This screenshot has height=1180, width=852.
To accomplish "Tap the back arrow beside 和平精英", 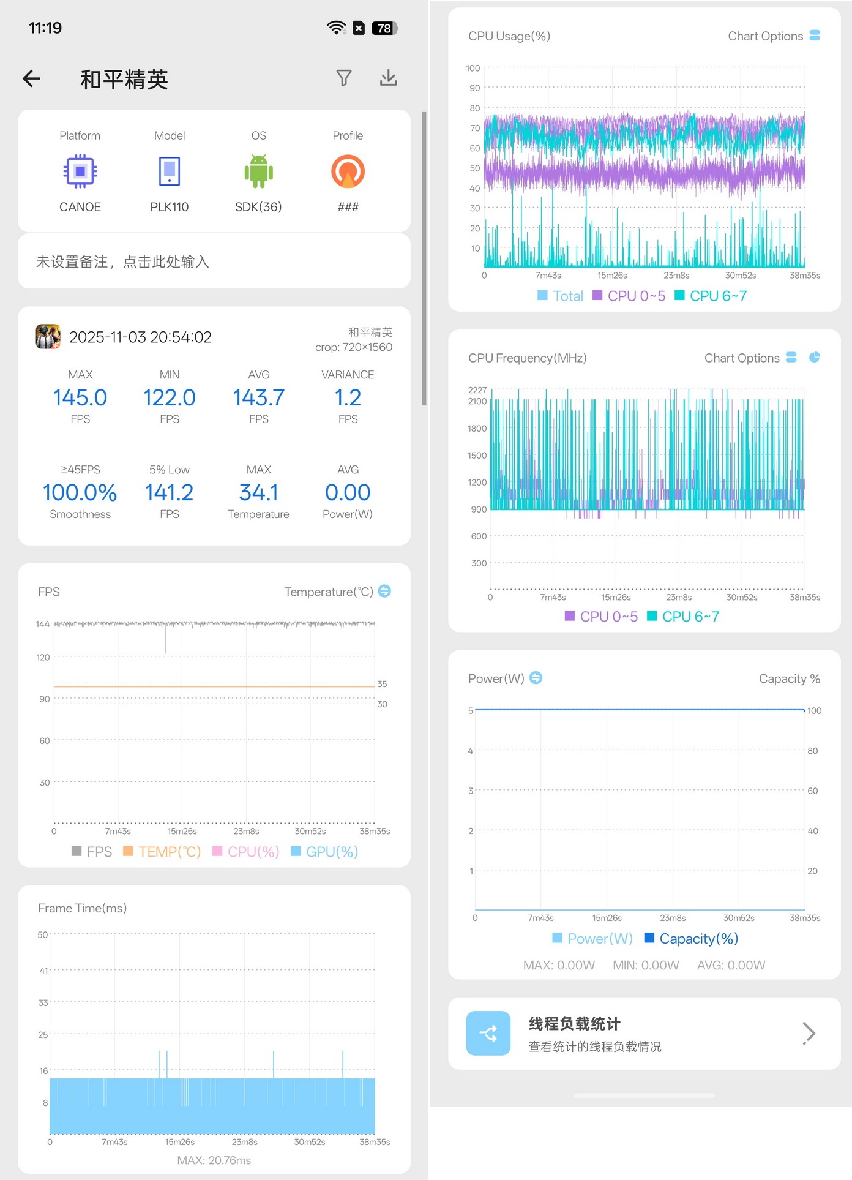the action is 31,78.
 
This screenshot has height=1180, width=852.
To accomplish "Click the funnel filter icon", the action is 344,78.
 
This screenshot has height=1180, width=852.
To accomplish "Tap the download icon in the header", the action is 389,78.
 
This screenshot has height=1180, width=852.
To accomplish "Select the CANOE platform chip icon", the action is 80,171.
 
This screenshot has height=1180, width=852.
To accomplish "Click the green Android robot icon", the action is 259,171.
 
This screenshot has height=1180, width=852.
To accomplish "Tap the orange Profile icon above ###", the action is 348,171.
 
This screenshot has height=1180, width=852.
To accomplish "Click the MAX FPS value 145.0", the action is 80,397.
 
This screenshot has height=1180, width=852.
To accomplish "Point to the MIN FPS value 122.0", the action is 170,397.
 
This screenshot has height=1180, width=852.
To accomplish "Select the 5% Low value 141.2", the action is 170,492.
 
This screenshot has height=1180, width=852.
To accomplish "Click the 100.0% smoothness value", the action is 80,492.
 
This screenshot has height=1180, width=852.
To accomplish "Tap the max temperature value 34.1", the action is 259,492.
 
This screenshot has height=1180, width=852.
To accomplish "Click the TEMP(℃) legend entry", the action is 162,852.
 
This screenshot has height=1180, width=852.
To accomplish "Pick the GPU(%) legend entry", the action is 324,852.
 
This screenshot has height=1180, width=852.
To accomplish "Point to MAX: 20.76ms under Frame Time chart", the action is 214,1160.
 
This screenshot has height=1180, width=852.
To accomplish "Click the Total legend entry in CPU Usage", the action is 560,296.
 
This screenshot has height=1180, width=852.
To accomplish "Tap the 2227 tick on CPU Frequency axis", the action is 477,390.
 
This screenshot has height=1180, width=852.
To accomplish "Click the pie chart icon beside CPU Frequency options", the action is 815,357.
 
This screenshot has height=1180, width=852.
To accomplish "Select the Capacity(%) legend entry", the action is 692,939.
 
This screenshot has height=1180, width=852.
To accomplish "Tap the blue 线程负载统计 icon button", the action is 488,1033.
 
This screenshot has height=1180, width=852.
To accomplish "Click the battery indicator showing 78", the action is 385,28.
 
